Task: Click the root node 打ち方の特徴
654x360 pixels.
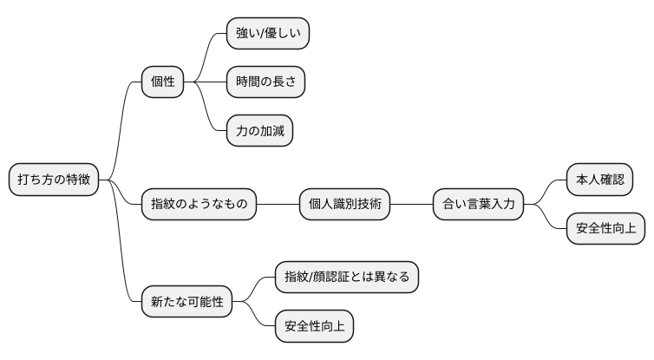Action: click(55, 180)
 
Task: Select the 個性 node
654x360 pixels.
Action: click(163, 82)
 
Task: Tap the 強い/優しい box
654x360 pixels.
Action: click(268, 34)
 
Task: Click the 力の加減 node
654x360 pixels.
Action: click(259, 131)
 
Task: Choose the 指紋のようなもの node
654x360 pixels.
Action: click(199, 205)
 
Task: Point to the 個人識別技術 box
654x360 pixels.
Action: click(344, 205)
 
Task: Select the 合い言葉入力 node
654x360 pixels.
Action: click(479, 205)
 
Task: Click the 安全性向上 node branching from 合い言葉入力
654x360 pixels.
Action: click(605, 229)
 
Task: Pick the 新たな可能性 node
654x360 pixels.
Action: click(186, 302)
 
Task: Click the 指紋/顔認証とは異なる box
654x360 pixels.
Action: click(346, 278)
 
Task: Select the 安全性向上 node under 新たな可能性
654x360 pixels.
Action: click(314, 326)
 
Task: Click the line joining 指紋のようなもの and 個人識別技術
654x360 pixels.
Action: click(278, 205)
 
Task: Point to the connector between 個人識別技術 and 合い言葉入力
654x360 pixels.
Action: click(411, 205)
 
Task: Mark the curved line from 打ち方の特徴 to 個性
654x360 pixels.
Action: click(121, 130)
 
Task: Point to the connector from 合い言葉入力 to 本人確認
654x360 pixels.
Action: click(546, 191)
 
